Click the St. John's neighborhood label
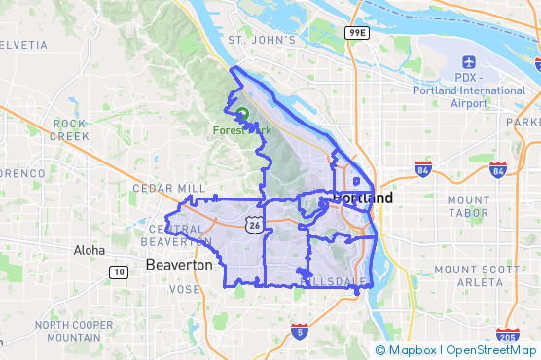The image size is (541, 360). (261, 40)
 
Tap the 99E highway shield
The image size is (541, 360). (356, 33)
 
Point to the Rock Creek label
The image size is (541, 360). (70, 129)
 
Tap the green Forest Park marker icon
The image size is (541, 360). (242, 114)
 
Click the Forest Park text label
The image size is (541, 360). (243, 129)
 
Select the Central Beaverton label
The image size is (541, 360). (176, 235)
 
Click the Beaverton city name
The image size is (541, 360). (178, 265)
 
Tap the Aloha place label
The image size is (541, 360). (89, 250)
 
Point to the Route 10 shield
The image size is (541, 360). (118, 270)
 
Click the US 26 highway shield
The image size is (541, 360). (253, 225)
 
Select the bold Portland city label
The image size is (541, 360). (363, 198)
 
